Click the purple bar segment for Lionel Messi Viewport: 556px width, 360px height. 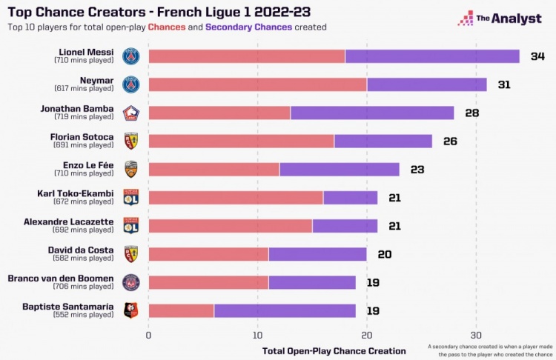click(x=432, y=56)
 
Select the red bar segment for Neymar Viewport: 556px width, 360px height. click(x=257, y=84)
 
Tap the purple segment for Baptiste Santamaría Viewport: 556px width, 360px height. click(x=285, y=310)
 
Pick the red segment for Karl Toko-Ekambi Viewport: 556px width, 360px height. click(x=236, y=197)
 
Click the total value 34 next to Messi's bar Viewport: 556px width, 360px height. click(x=537, y=56)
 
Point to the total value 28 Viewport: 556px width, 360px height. click(x=472, y=113)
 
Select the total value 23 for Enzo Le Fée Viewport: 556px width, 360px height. click(x=417, y=170)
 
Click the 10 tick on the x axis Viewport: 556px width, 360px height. click(x=257, y=335)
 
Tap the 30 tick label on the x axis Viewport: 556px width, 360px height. click(x=476, y=335)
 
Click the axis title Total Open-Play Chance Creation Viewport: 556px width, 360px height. click(x=334, y=350)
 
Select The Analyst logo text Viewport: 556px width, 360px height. click(x=509, y=19)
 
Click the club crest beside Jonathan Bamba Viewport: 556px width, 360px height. click(x=130, y=113)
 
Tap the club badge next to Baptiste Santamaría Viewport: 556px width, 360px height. click(x=130, y=310)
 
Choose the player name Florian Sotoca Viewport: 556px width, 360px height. click(x=82, y=137)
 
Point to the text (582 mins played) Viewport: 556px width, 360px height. click(x=84, y=259)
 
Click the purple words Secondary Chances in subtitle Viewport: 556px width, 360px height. click(x=248, y=27)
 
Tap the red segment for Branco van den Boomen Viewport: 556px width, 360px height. click(x=208, y=282)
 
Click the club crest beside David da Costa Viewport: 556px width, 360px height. click(x=130, y=254)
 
